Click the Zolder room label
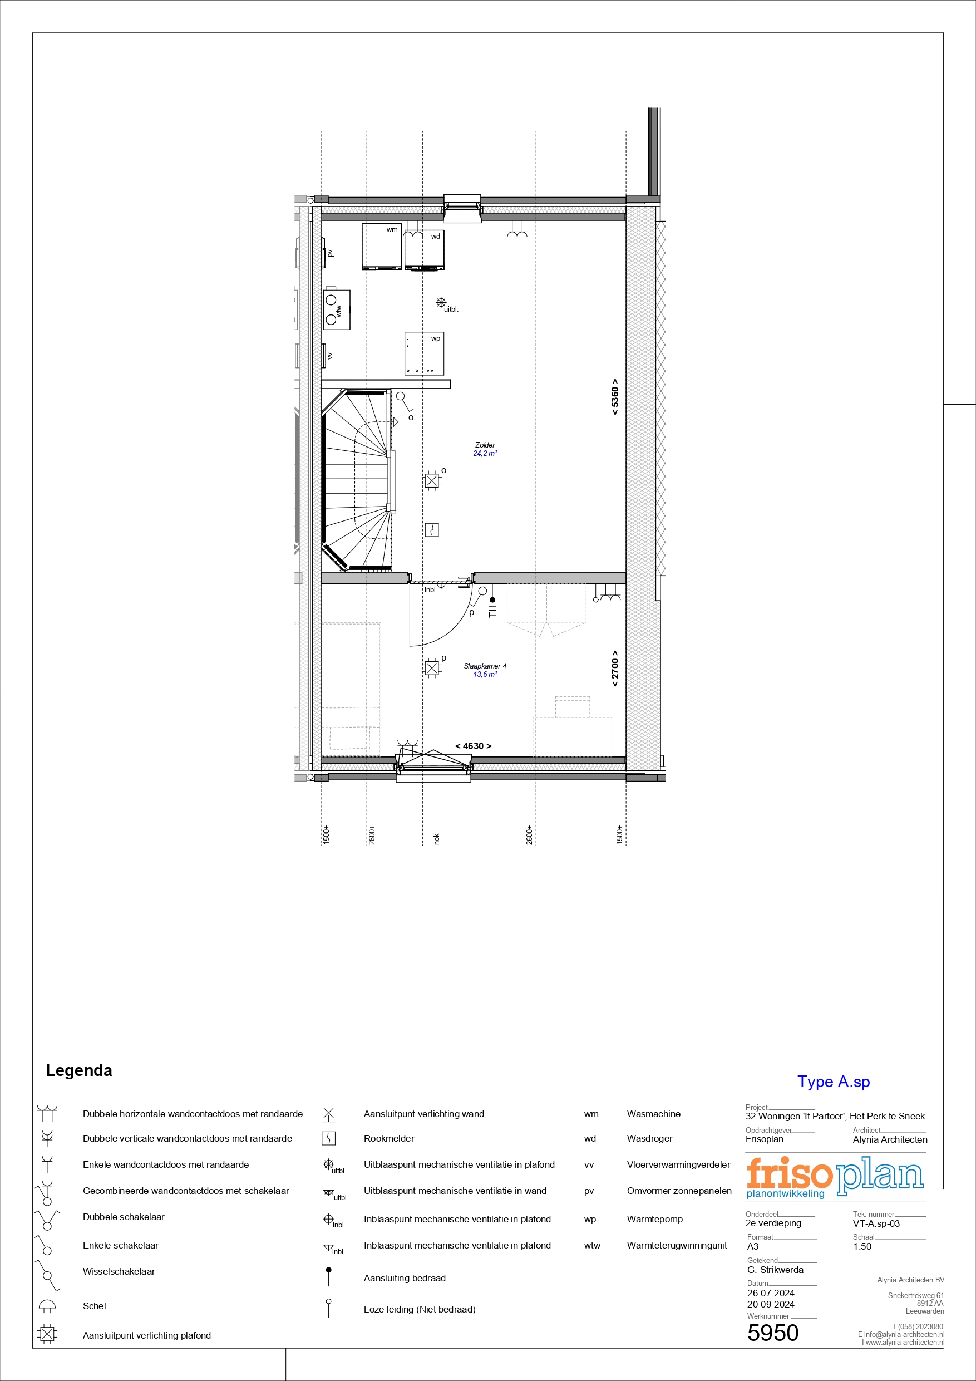pos(485,445)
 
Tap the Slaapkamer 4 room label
pos(485,666)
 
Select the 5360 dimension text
pos(614,397)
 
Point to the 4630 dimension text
pos(474,746)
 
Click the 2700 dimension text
pos(614,669)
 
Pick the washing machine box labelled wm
pos(381,247)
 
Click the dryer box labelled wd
pos(424,251)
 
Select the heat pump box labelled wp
pos(424,353)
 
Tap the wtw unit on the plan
pos(337,309)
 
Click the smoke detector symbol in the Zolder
pos(432,530)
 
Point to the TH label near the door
pos(493,612)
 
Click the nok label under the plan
pos(437,838)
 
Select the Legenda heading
pos(79,1070)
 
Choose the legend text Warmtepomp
pos(655,1219)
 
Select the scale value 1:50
pos(862,1246)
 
